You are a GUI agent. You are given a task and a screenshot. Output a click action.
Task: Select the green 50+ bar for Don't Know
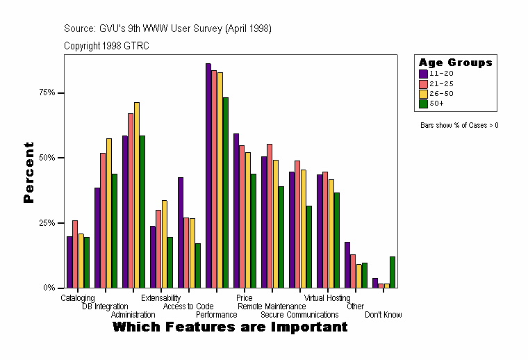[x=393, y=272]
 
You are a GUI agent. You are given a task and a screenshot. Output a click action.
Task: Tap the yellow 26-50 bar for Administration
[x=137, y=195]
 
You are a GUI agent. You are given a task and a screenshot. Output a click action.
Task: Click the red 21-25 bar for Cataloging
[x=75, y=254]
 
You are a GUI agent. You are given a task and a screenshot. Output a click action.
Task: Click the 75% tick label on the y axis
[x=47, y=92]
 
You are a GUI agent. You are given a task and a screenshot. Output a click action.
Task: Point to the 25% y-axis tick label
[x=47, y=222]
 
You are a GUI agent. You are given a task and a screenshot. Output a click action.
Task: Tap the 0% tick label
[x=49, y=288]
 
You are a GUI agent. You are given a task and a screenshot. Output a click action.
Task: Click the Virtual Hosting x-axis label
[x=327, y=298]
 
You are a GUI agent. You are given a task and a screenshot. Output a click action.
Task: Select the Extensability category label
[x=160, y=298]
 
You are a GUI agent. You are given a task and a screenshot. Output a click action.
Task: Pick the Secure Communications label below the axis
[x=299, y=315]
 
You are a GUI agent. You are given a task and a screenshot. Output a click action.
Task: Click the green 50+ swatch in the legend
[x=423, y=104]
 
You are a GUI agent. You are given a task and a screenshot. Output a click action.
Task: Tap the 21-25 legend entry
[x=441, y=83]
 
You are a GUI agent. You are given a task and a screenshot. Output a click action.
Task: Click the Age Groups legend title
[x=456, y=63]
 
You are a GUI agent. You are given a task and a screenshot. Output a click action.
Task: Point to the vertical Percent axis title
[x=28, y=172]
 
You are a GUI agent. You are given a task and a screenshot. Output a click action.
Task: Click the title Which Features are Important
[x=230, y=327]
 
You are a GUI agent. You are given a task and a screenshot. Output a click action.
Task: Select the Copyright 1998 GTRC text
[x=106, y=46]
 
